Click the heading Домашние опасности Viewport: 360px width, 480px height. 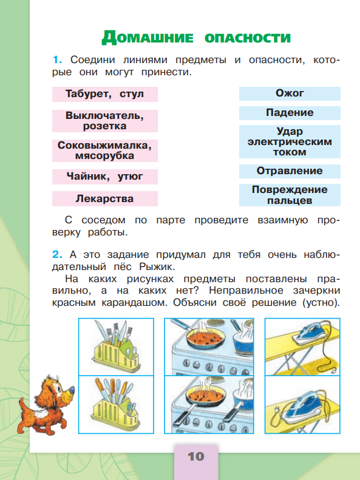[195, 37]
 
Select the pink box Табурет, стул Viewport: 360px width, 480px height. [105, 94]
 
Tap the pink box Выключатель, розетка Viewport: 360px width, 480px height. [105, 120]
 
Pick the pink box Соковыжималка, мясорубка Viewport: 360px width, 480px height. [105, 150]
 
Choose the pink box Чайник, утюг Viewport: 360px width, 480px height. [105, 177]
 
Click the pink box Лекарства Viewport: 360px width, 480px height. [105, 198]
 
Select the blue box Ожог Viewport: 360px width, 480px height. [290, 93]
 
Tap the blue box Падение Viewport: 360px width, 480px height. [290, 113]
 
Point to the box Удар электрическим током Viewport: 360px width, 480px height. [290, 142]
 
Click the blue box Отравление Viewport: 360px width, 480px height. [290, 171]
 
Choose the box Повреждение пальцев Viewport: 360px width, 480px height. [290, 195]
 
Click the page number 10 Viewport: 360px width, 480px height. [195, 456]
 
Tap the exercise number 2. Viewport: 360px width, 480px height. [58, 254]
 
